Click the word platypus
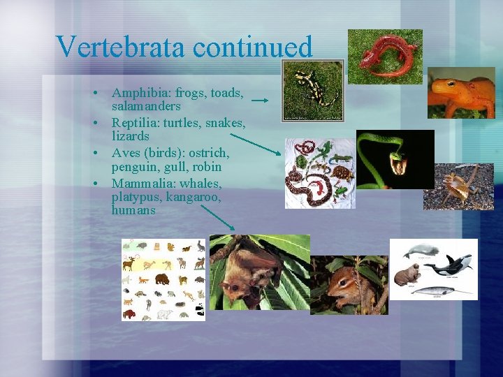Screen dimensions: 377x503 pos(136,197)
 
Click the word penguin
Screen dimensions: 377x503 pos(134,168)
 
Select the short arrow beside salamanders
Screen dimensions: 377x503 pos(259,101)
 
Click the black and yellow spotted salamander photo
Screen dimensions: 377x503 pos(312,90)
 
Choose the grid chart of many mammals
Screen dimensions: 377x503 pos(163,279)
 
